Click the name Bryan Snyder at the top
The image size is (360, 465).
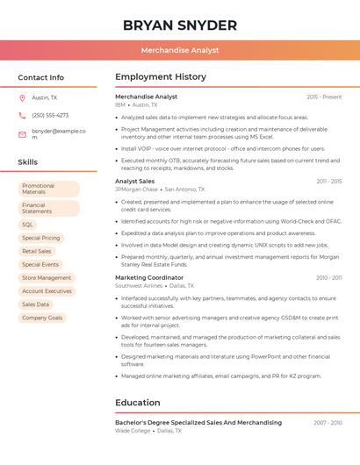tap(180, 25)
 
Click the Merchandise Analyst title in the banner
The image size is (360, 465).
tap(180, 50)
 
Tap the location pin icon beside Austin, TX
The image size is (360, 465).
tap(22, 97)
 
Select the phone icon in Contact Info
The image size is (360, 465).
tap(22, 115)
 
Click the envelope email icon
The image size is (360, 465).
tap(22, 134)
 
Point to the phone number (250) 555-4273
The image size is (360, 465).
tap(50, 115)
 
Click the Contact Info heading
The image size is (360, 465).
tap(41, 77)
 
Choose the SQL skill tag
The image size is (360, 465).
tap(28, 225)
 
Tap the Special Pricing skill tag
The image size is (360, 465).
tap(41, 238)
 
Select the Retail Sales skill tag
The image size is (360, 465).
tap(37, 251)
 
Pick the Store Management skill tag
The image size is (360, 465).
tap(47, 277)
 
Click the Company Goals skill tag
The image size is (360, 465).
tap(42, 317)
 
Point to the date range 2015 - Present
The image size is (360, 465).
tap(324, 97)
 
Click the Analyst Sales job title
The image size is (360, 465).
tap(134, 181)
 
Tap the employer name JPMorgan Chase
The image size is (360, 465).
tap(136, 189)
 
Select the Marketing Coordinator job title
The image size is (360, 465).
tap(149, 277)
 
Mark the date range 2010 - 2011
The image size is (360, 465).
tap(329, 277)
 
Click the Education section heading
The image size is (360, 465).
tap(138, 403)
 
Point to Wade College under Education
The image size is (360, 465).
tap(133, 431)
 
